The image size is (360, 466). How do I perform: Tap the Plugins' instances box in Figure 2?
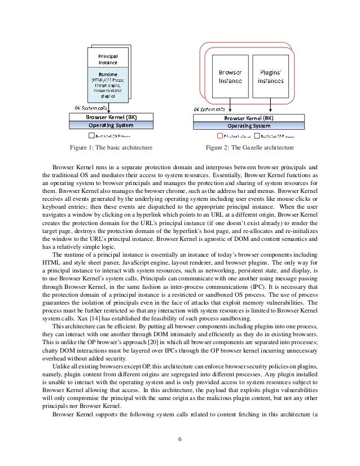coord(270,76)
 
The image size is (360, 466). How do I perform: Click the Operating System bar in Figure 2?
coord(250,126)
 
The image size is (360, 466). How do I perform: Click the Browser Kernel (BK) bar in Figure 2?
coord(250,118)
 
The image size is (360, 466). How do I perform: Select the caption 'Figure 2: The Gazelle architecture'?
coord(251,148)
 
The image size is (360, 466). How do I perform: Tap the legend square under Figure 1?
coord(90,136)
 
